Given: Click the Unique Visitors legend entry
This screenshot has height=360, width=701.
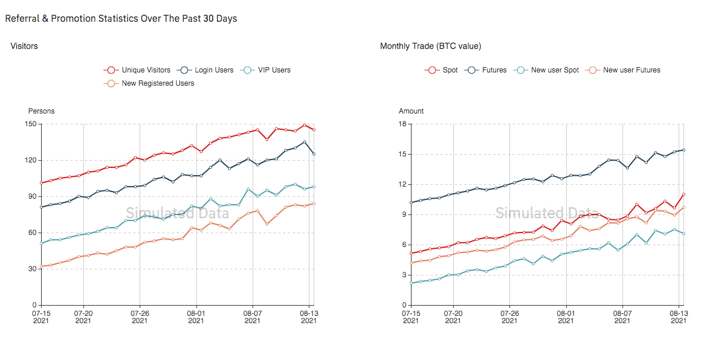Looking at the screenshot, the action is click(x=137, y=70).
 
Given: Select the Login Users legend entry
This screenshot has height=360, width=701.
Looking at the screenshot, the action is click(x=205, y=70).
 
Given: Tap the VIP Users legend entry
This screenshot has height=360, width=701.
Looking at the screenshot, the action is click(x=265, y=70).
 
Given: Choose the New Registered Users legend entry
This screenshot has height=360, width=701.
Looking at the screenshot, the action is click(x=149, y=83).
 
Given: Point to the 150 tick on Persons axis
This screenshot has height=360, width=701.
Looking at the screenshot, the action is click(x=31, y=124).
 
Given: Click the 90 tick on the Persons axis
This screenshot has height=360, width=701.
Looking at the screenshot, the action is click(x=33, y=196).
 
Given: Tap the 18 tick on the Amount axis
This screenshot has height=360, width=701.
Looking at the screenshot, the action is click(x=402, y=124).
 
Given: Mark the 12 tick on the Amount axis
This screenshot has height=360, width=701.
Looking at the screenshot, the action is click(x=402, y=184).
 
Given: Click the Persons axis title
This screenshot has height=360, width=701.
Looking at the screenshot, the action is click(x=41, y=111).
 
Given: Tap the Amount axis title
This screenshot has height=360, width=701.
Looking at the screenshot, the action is click(x=412, y=111).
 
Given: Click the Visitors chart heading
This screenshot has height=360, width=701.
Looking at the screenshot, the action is click(x=24, y=46).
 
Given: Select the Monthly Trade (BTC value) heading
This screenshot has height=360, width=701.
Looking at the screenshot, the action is click(x=430, y=46).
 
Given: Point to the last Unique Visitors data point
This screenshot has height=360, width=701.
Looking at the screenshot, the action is click(x=314, y=130).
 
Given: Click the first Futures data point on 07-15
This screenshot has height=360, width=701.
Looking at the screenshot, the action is click(x=411, y=202).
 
